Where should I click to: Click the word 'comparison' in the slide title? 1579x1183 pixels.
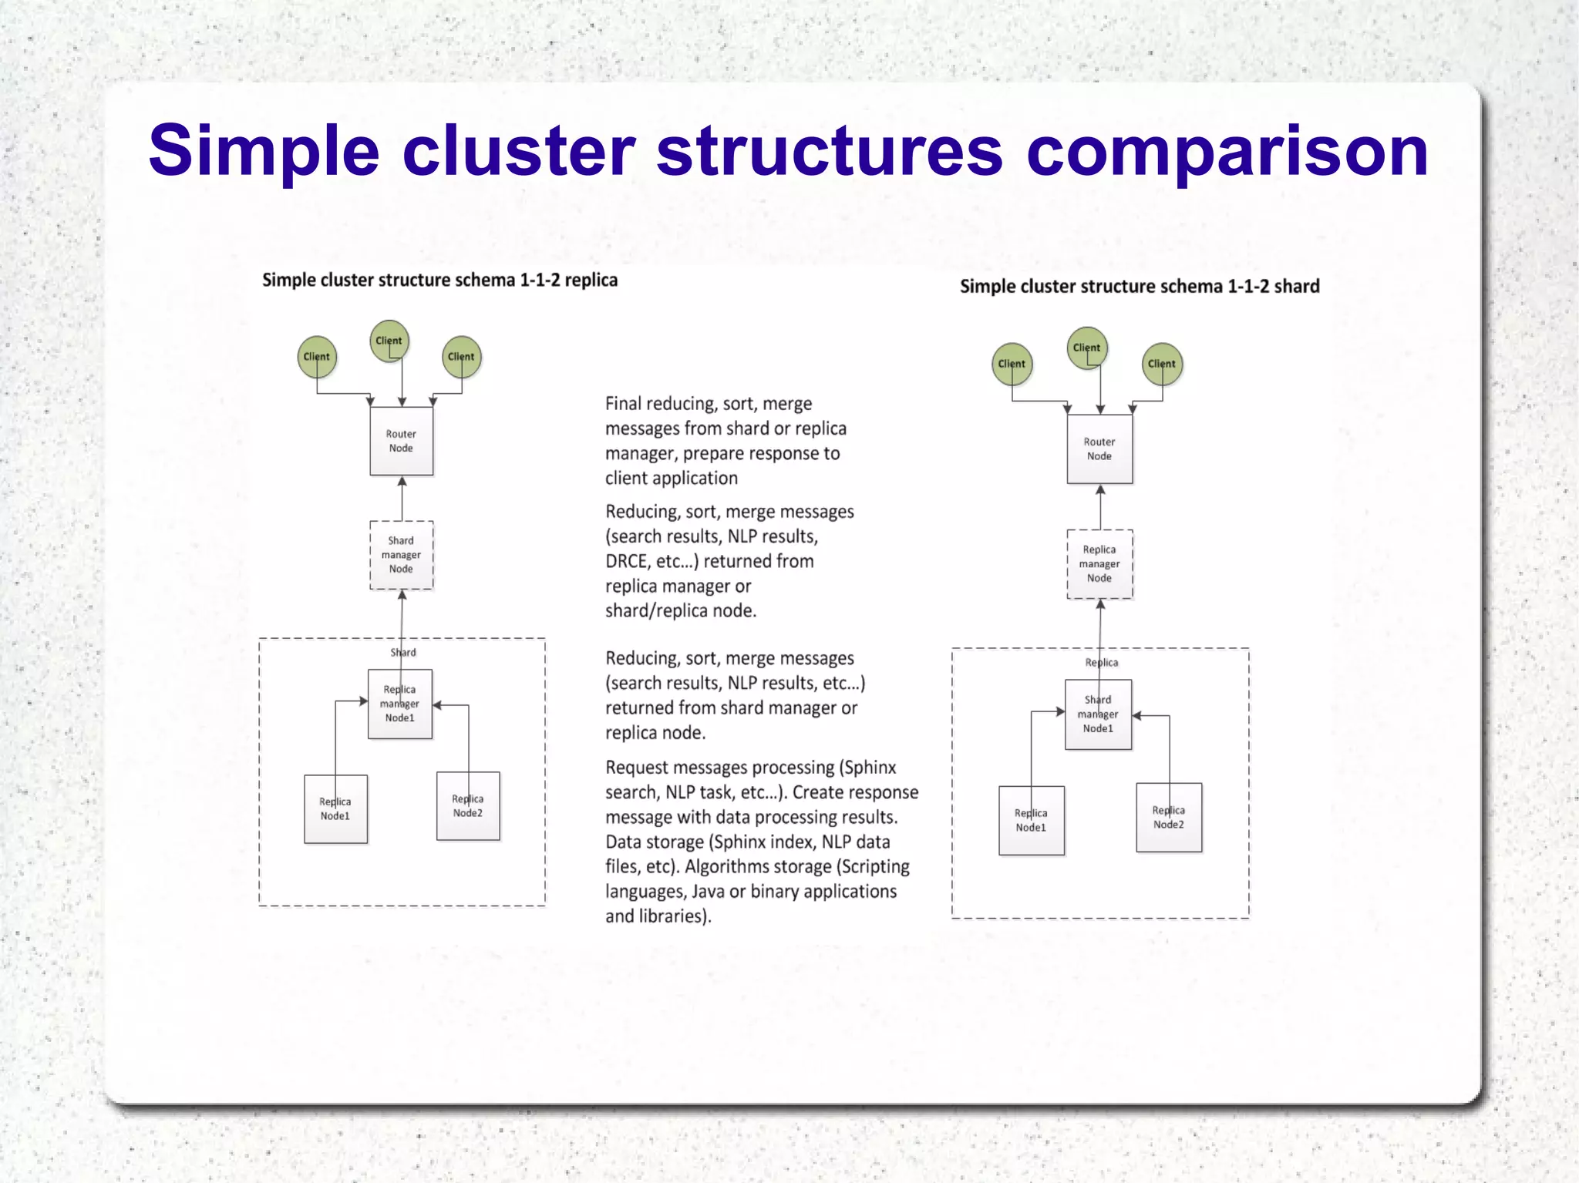pyautogui.click(x=1227, y=153)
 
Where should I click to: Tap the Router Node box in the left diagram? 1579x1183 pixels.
pyautogui.click(x=401, y=441)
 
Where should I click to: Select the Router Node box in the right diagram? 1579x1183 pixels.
pyautogui.click(x=1099, y=449)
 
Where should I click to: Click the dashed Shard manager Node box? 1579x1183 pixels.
pyautogui.click(x=401, y=555)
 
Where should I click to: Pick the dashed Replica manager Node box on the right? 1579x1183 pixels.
pyautogui.click(x=1099, y=564)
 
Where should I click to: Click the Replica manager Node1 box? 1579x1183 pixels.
pyautogui.click(x=399, y=704)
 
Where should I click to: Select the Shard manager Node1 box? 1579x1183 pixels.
pyautogui.click(x=1098, y=714)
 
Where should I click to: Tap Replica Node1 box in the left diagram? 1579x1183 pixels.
pyautogui.click(x=335, y=809)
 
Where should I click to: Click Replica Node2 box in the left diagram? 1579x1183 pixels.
pyautogui.click(x=468, y=806)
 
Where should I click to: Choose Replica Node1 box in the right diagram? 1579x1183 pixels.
pyautogui.click(x=1031, y=821)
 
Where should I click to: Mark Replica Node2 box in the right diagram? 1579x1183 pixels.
pyautogui.click(x=1169, y=818)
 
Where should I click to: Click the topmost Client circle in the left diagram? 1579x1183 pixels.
pyautogui.click(x=389, y=341)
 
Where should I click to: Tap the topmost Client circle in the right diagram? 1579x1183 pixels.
pyautogui.click(x=1086, y=348)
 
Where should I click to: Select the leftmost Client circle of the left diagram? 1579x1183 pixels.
pyautogui.click(x=316, y=357)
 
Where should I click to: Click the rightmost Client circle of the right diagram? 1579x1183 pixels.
pyautogui.click(x=1161, y=364)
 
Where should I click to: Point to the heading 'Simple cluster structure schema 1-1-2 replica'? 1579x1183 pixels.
pyautogui.click(x=439, y=281)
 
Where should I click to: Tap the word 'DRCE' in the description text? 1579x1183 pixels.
pyautogui.click(x=627, y=562)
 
